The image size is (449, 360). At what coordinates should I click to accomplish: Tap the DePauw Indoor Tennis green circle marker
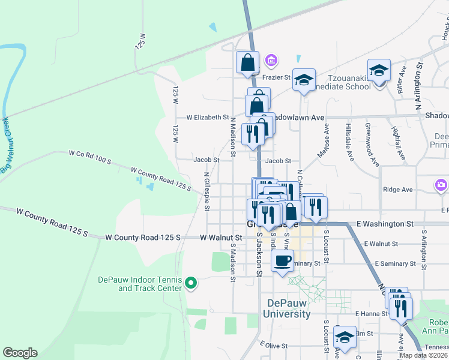[191, 282]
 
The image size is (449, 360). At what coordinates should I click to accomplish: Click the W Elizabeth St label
[208, 118]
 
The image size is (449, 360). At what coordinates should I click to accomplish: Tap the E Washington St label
[385, 224]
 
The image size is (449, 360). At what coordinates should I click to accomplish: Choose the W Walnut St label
[221, 238]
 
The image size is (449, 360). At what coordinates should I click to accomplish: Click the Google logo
[20, 353]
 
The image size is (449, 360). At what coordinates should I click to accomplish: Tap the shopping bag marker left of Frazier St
[248, 62]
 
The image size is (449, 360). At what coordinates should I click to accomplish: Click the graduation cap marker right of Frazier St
[304, 79]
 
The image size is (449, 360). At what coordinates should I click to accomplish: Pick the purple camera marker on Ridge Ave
[441, 185]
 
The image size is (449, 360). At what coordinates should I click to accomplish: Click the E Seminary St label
[395, 263]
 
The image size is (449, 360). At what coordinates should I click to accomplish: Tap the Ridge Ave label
[398, 190]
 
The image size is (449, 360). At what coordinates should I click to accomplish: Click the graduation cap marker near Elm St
[345, 337]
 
